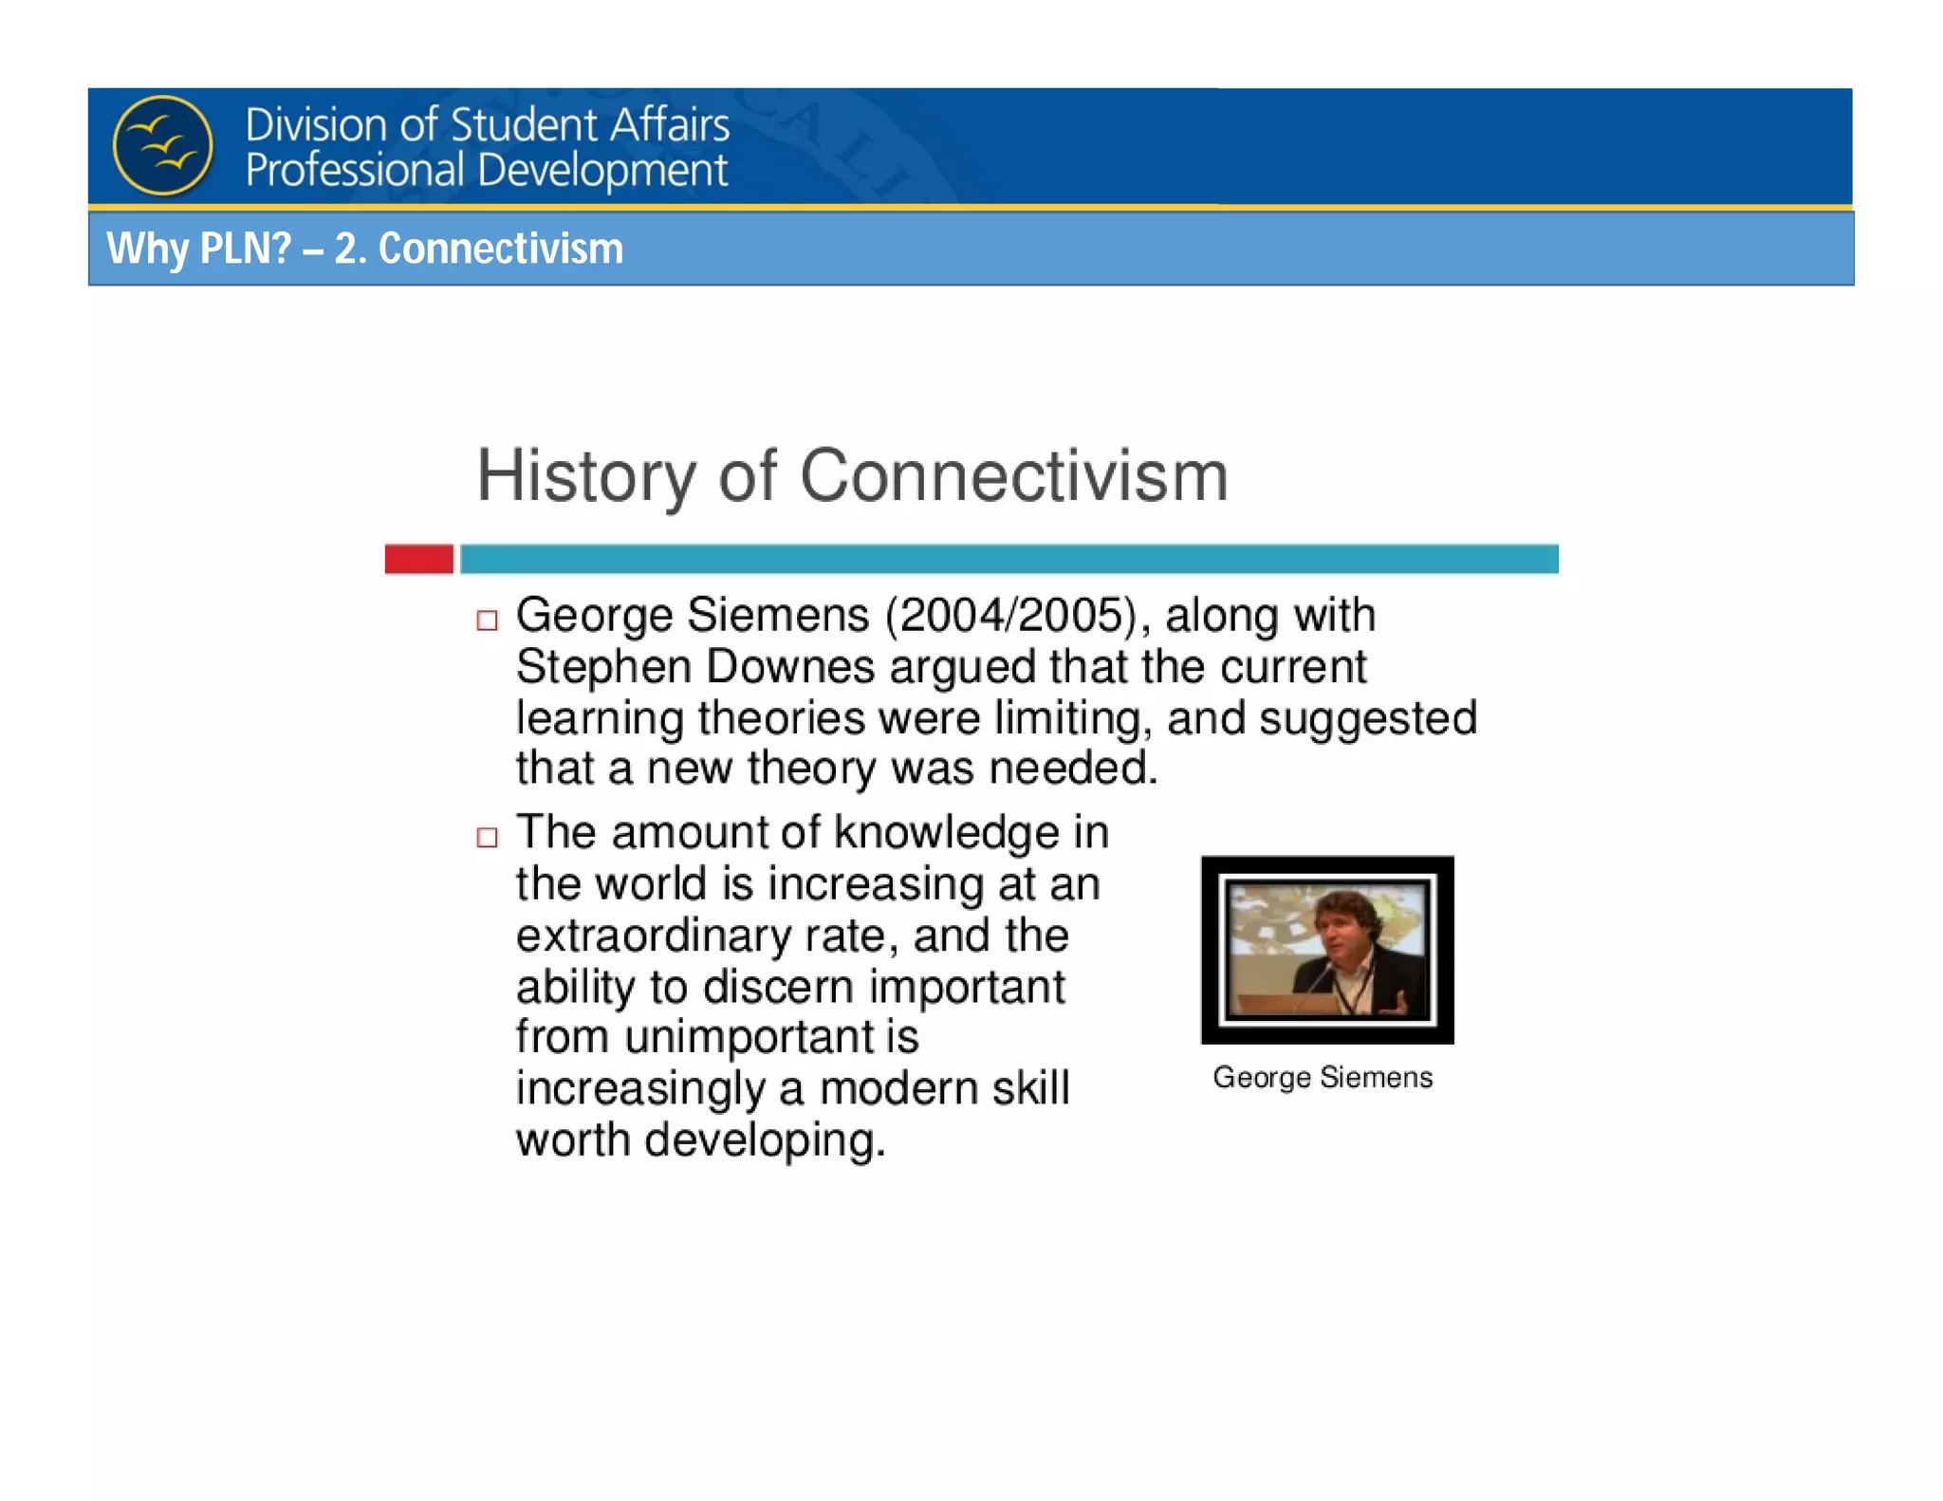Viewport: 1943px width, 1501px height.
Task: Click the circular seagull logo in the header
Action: coord(162,145)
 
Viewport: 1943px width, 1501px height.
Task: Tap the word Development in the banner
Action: coord(602,171)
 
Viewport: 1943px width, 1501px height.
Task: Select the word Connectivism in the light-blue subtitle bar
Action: coord(500,249)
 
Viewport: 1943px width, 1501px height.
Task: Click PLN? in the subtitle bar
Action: coord(246,249)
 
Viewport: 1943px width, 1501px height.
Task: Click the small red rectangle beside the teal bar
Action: coord(418,559)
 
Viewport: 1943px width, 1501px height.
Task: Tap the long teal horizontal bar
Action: coord(1008,559)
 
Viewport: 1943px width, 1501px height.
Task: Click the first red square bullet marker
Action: coord(487,621)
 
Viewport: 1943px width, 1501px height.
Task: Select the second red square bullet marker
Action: coord(487,837)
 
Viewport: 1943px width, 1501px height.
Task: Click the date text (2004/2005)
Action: coord(1009,615)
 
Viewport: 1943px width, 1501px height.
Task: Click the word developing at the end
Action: coord(765,1140)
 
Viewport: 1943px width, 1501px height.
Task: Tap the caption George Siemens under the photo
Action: coord(1323,1078)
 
